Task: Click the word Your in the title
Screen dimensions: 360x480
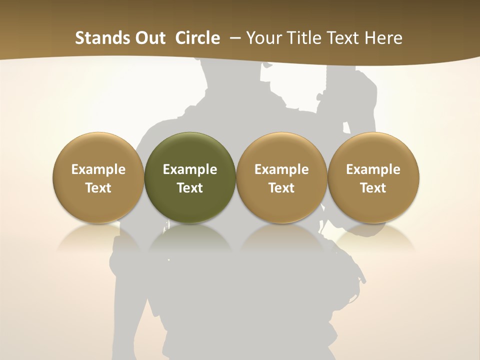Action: tap(264, 38)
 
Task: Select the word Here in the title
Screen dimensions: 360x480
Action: tap(384, 38)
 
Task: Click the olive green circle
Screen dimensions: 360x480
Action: tap(190, 178)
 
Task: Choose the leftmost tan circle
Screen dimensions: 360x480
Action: tap(98, 178)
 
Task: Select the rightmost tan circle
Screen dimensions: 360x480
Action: tap(373, 178)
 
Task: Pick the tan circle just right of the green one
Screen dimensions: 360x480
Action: tap(281, 178)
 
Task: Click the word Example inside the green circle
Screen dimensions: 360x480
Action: tap(190, 169)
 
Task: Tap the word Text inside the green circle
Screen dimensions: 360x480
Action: tap(190, 188)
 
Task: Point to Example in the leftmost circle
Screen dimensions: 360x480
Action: tap(98, 169)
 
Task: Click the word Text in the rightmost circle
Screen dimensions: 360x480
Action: tap(373, 188)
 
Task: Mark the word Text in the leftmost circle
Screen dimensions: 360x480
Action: tap(98, 188)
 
